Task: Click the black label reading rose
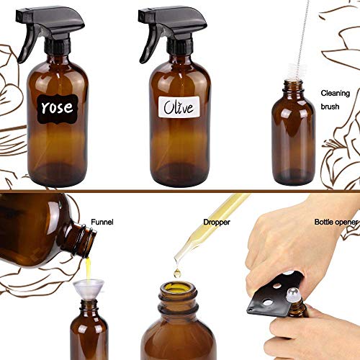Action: (57, 107)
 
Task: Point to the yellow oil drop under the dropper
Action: (177, 273)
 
